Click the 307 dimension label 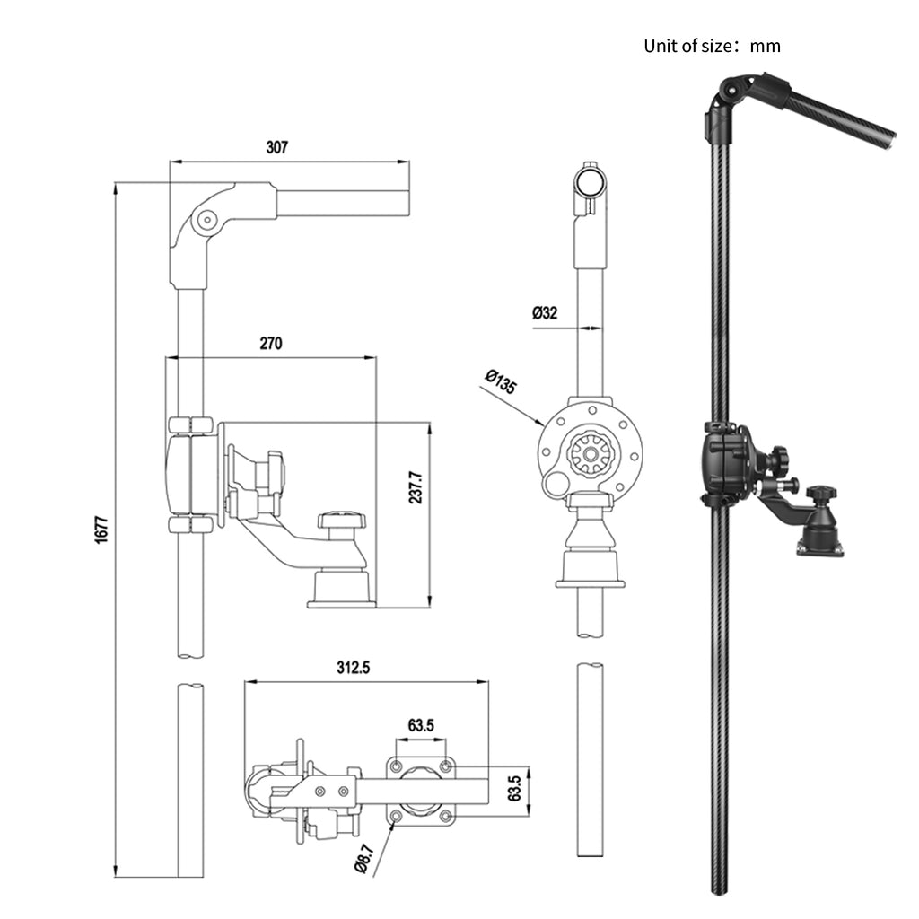(x=277, y=148)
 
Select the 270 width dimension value (x=271, y=343)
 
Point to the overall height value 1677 (x=101, y=530)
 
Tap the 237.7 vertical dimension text (x=415, y=487)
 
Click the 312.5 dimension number (x=354, y=668)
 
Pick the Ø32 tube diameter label (x=545, y=313)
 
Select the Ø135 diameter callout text (x=500, y=381)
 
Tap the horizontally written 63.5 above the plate (x=421, y=725)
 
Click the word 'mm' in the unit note (x=766, y=47)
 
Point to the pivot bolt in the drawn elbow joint (x=206, y=218)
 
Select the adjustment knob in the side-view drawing (x=343, y=521)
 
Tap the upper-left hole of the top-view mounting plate (x=396, y=766)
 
